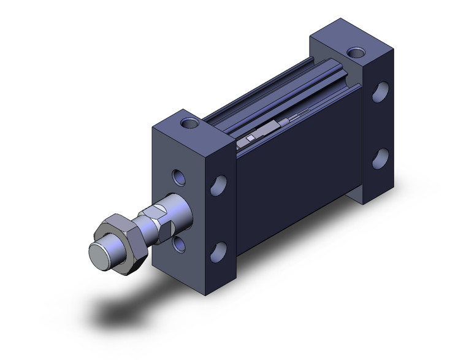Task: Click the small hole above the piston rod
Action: click(x=178, y=178)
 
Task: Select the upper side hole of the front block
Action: click(x=218, y=185)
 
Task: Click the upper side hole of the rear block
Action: click(x=380, y=91)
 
